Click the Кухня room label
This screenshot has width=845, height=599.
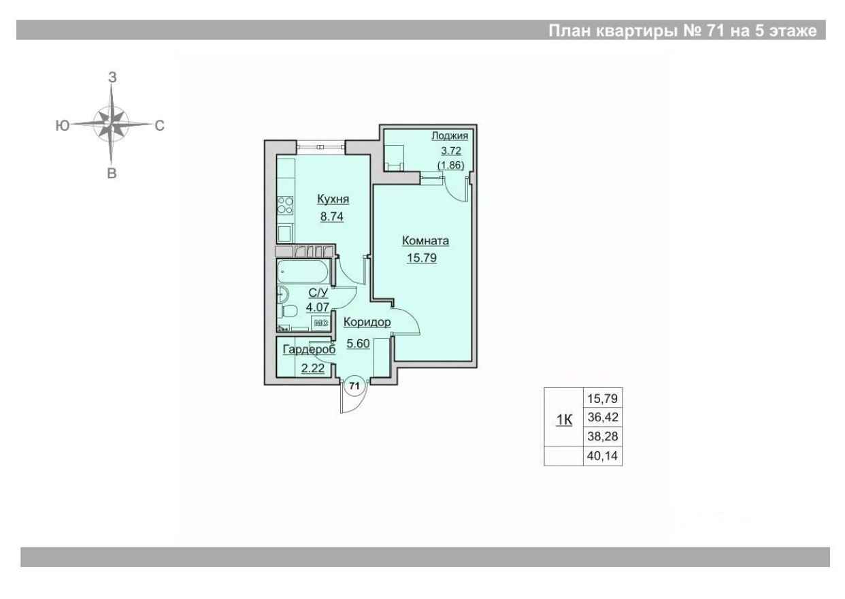(333, 199)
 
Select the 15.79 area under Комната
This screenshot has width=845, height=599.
(422, 258)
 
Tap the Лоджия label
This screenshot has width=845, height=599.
(450, 136)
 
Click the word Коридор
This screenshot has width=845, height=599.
(367, 322)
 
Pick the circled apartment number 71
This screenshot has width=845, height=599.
(354, 385)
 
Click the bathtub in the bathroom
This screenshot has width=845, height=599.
(304, 274)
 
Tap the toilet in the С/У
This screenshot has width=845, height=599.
(288, 312)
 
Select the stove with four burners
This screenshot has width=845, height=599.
(286, 205)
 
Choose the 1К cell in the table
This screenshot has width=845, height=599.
(564, 420)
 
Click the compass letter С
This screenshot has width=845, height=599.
(160, 125)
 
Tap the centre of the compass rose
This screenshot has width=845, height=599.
(111, 125)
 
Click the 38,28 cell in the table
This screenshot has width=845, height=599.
(601, 436)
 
